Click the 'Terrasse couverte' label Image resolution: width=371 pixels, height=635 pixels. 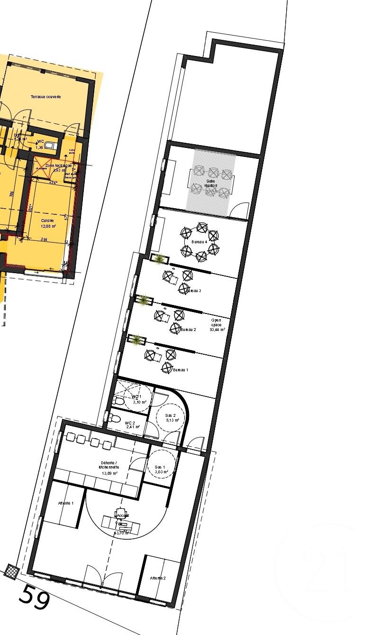point(46,97)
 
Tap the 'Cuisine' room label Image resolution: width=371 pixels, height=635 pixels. point(47,221)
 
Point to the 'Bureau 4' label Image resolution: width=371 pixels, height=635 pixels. point(199,242)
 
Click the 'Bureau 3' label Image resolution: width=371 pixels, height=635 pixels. point(194,291)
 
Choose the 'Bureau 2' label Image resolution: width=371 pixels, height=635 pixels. point(188,329)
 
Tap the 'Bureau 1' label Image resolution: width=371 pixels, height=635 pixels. point(181,369)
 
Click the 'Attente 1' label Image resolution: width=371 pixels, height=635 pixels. point(66,503)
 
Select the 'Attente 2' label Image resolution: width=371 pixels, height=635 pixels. point(158,578)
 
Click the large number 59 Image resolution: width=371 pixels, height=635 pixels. point(34,598)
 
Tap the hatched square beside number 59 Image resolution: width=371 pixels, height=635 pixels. point(11,571)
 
